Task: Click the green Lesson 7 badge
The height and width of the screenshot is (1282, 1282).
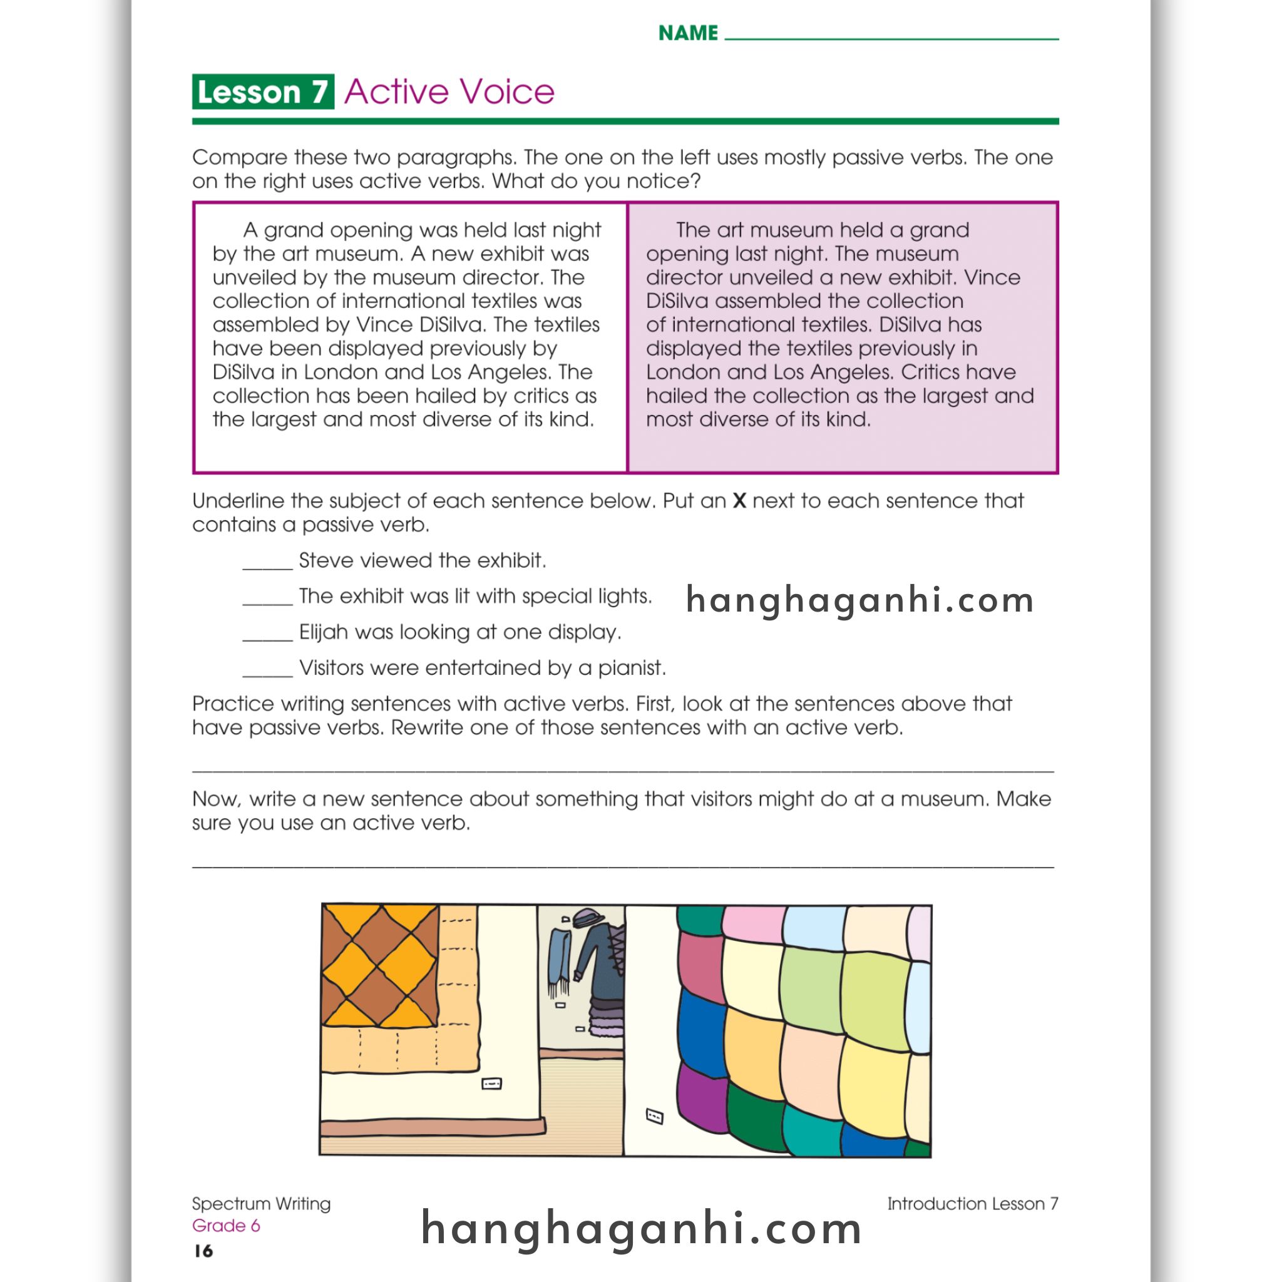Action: pyautogui.click(x=263, y=91)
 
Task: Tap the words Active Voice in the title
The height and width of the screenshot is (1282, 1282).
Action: pyautogui.click(x=449, y=91)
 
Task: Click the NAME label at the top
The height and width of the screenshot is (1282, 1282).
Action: pyautogui.click(x=687, y=33)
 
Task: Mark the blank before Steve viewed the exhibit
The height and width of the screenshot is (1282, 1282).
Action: pyautogui.click(x=267, y=564)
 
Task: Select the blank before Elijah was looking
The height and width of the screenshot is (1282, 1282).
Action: pyautogui.click(x=267, y=636)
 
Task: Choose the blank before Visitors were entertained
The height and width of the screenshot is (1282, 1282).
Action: pyautogui.click(x=267, y=672)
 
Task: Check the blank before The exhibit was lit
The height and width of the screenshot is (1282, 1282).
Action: pyautogui.click(x=267, y=600)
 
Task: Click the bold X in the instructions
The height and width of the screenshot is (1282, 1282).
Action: pyautogui.click(x=739, y=501)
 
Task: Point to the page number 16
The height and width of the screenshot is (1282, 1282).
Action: pyautogui.click(x=203, y=1251)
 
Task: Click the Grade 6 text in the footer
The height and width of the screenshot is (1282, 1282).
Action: pyautogui.click(x=225, y=1226)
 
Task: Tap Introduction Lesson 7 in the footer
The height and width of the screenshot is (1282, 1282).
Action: pyautogui.click(x=972, y=1204)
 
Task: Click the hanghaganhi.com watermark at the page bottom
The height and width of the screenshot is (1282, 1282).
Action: pyautogui.click(x=641, y=1228)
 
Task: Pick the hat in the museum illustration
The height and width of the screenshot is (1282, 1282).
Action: pyautogui.click(x=587, y=919)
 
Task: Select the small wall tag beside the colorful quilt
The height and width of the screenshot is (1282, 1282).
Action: pyautogui.click(x=654, y=1116)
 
